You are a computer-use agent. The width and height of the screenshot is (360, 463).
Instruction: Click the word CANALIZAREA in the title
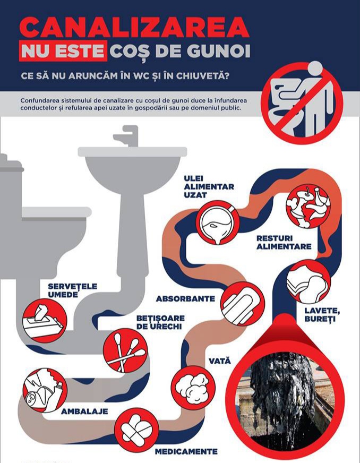click(134, 27)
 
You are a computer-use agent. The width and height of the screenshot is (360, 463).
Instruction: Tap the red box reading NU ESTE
click(63, 51)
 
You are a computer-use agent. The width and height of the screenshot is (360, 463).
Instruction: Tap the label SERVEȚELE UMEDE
click(72, 290)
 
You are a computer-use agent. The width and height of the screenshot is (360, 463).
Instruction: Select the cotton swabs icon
click(125, 351)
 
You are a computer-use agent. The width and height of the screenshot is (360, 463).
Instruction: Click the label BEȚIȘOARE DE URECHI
click(160, 322)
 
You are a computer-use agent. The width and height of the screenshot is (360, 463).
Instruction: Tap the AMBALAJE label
click(84, 411)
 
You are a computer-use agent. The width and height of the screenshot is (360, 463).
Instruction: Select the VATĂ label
click(220, 361)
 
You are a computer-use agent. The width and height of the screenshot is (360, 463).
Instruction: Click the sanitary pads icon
click(243, 304)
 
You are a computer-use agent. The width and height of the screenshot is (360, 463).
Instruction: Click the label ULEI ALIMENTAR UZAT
click(209, 186)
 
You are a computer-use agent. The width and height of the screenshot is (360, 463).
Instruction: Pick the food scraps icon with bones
click(308, 207)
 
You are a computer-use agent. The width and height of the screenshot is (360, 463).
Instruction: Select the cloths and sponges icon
click(308, 283)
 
